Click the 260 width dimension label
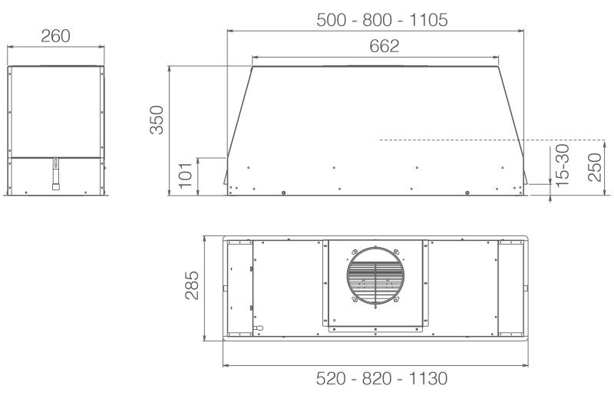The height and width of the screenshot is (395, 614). click(x=55, y=35)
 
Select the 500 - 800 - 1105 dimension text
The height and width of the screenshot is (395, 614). click(x=381, y=20)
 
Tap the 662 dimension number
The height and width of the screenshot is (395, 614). click(x=385, y=46)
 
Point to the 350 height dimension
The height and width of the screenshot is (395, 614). click(x=157, y=120)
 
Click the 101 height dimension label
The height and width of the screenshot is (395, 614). click(x=185, y=176)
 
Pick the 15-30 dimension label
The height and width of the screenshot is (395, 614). click(x=562, y=165)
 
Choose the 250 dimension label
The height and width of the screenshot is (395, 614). click(x=594, y=167)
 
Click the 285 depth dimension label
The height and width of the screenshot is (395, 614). click(x=192, y=285)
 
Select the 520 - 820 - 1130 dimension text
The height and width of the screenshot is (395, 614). click(x=381, y=379)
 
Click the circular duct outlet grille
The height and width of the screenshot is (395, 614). click(x=375, y=275)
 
